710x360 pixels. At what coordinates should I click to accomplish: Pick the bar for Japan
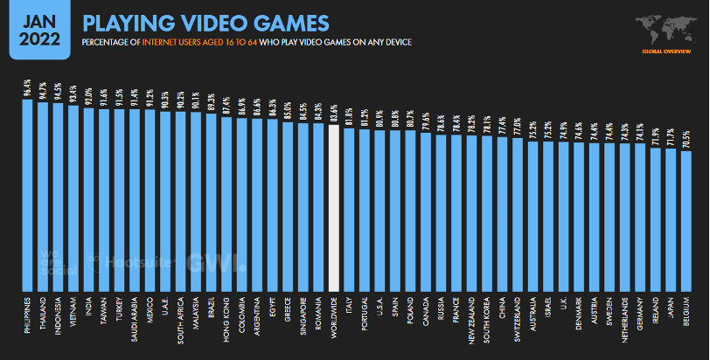672,218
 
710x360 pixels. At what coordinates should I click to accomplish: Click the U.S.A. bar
379,210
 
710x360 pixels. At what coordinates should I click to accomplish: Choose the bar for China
501,213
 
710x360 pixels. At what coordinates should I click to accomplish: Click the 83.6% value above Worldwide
333,114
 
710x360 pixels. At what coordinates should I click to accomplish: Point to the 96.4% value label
27,87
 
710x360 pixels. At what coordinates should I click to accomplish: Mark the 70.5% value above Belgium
687,140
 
